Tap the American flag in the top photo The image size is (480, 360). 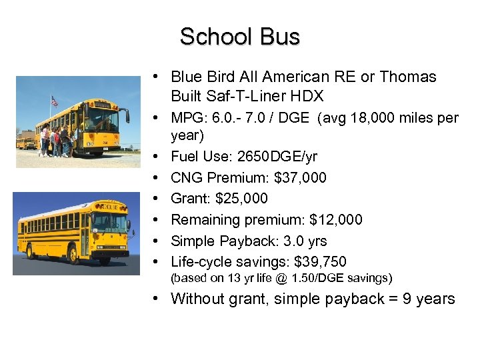click(54, 101)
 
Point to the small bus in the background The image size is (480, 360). click(25, 142)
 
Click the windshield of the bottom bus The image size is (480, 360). click(113, 223)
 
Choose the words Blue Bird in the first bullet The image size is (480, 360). click(198, 77)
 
